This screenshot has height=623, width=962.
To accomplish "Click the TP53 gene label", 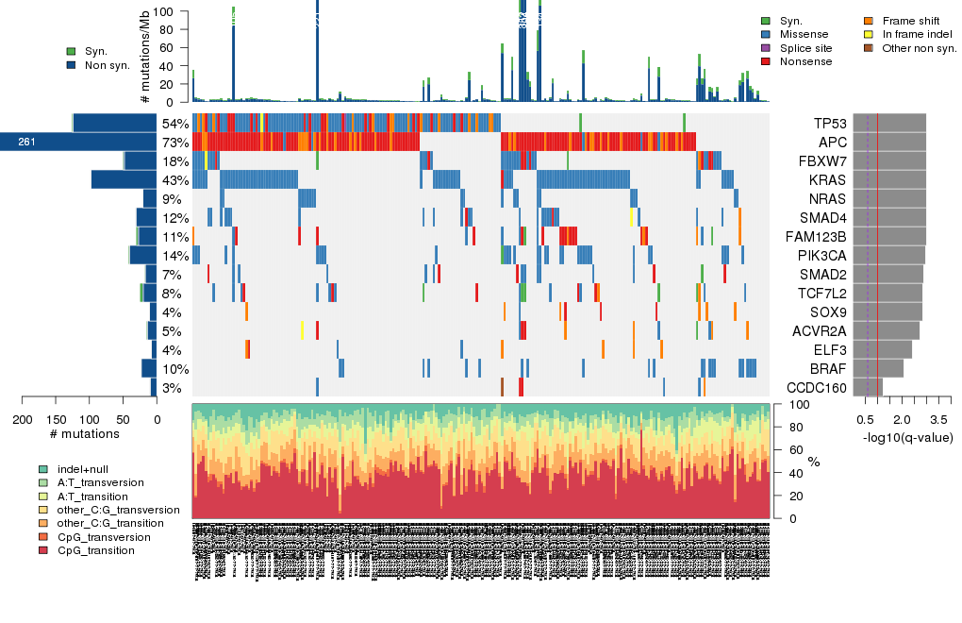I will (830, 124).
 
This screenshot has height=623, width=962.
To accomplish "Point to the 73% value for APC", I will (175, 143).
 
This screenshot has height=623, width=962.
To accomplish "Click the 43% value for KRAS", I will (175, 180).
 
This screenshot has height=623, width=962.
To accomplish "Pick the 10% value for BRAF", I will (175, 369).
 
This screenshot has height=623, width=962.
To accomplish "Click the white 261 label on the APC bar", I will (26, 143).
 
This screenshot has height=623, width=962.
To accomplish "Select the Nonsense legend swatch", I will (766, 61).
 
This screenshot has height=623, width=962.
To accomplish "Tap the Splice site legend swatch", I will (766, 47).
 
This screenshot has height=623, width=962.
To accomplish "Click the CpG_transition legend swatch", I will (43, 550).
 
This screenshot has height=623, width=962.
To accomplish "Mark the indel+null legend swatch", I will (43, 469).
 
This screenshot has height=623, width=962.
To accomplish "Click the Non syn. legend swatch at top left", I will (72, 65).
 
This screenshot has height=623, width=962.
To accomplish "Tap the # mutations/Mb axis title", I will (145, 57).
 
